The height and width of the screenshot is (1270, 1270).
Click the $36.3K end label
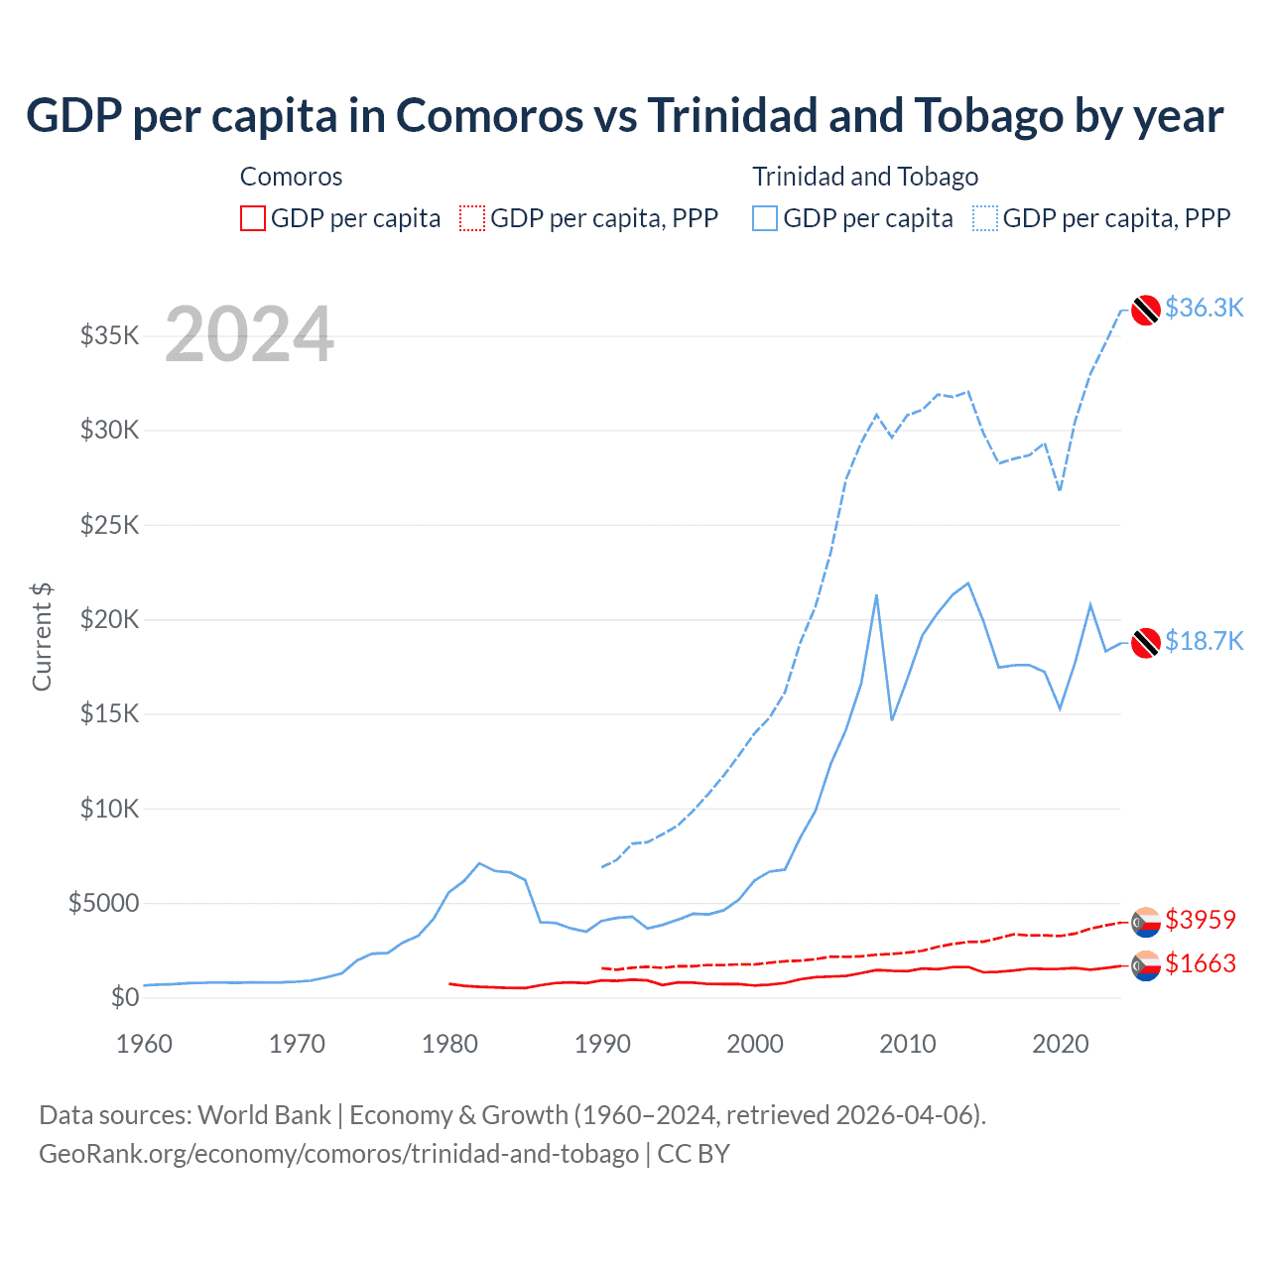[x=1204, y=308]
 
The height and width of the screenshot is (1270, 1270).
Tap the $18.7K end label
[x=1204, y=641]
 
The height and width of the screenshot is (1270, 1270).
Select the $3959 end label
[x=1201, y=920]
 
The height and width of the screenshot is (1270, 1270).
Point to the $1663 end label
[x=1201, y=963]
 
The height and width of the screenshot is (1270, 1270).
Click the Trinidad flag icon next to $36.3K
[x=1146, y=310]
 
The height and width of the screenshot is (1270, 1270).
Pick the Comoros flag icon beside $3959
[x=1146, y=922]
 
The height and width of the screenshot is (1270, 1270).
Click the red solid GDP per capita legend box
[x=253, y=218]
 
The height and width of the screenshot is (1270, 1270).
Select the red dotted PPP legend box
[x=472, y=218]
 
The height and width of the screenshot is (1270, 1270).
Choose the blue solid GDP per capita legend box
[x=765, y=218]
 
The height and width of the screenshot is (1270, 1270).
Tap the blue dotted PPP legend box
[x=985, y=218]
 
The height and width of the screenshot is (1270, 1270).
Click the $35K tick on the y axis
[x=110, y=335]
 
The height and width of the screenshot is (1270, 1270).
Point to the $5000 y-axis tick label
[x=104, y=903]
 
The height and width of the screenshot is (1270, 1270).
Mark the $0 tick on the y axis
[x=124, y=997]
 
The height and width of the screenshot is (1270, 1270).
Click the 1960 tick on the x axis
[x=145, y=1044]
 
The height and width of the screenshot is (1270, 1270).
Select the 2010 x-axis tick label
[x=908, y=1044]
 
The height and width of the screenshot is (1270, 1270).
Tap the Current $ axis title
[x=42, y=637]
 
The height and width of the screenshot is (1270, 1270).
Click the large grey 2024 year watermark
[x=249, y=334]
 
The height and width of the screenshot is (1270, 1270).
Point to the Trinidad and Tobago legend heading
[x=865, y=177]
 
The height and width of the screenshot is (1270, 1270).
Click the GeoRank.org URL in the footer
[x=338, y=1154]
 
